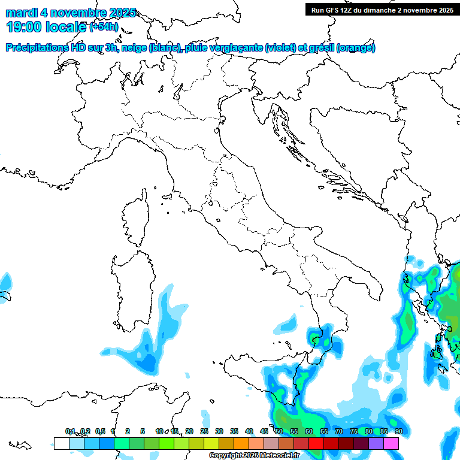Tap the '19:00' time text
(x=25, y=26)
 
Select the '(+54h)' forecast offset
(x=104, y=27)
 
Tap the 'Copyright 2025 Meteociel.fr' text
(x=254, y=456)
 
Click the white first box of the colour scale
(x=61, y=443)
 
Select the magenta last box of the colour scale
(x=391, y=443)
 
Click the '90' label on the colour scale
(x=398, y=431)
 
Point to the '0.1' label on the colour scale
(x=70, y=431)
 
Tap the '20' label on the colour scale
(x=189, y=431)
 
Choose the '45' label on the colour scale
(x=264, y=431)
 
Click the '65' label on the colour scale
(x=324, y=431)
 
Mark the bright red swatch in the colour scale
(x=316, y=443)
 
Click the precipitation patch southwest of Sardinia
(x=144, y=356)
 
